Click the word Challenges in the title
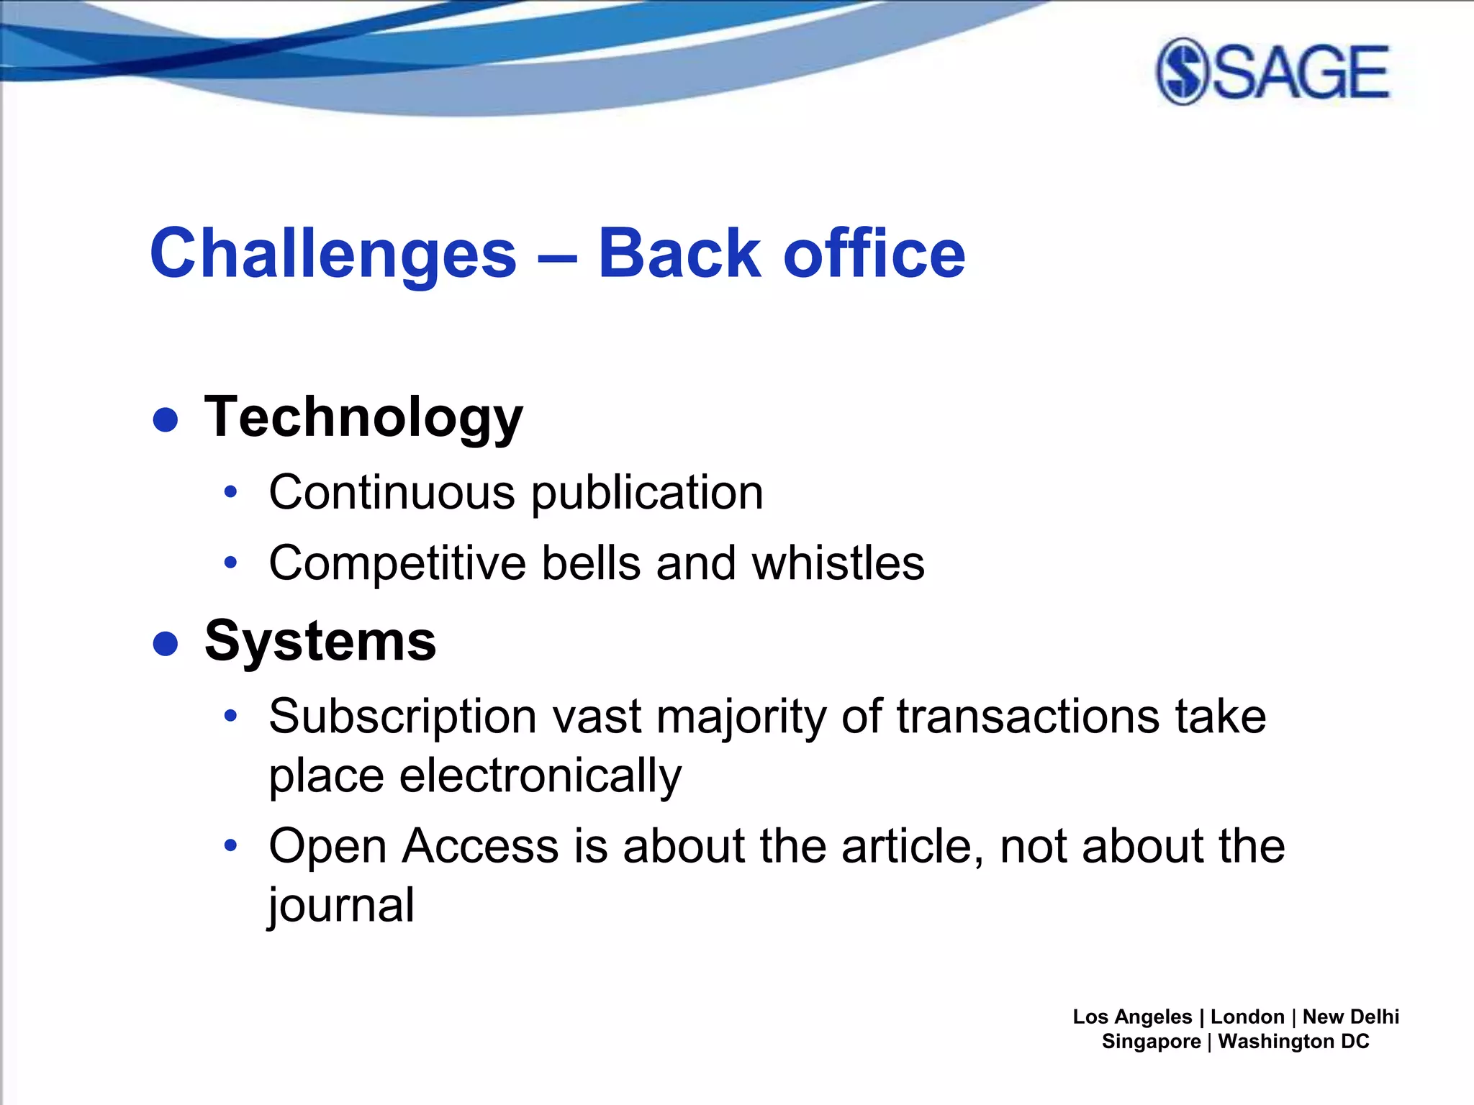pyautogui.click(x=333, y=253)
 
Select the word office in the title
pyautogui.click(x=874, y=253)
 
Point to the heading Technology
pyautogui.click(x=363, y=417)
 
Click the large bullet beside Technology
pyautogui.click(x=166, y=419)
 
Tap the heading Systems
pyautogui.click(x=320, y=640)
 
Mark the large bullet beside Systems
pyautogui.click(x=166, y=643)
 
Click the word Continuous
pyautogui.click(x=392, y=493)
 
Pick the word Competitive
pyautogui.click(x=397, y=563)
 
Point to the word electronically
pyautogui.click(x=540, y=776)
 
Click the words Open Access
pyautogui.click(x=414, y=846)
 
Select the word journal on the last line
pyautogui.click(x=342, y=905)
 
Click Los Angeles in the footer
pyautogui.click(x=1132, y=1017)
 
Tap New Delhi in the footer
pyautogui.click(x=1350, y=1017)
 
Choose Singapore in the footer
pyautogui.click(x=1151, y=1042)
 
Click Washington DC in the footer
pyautogui.click(x=1293, y=1042)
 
